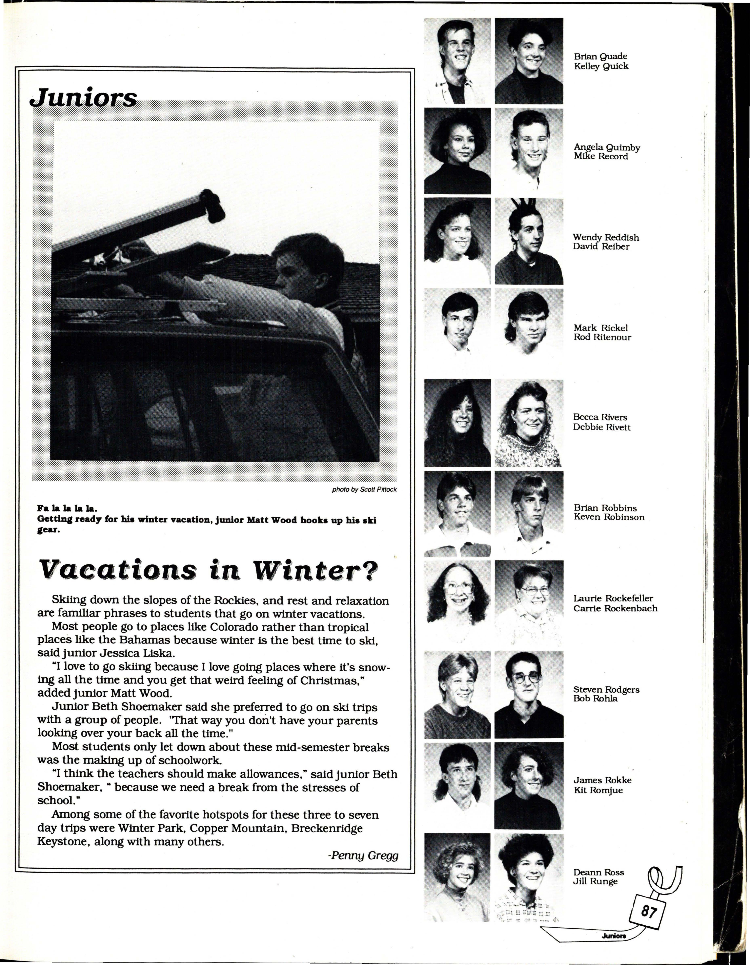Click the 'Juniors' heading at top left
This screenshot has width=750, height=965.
tap(83, 98)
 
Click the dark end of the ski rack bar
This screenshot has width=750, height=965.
tap(212, 206)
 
